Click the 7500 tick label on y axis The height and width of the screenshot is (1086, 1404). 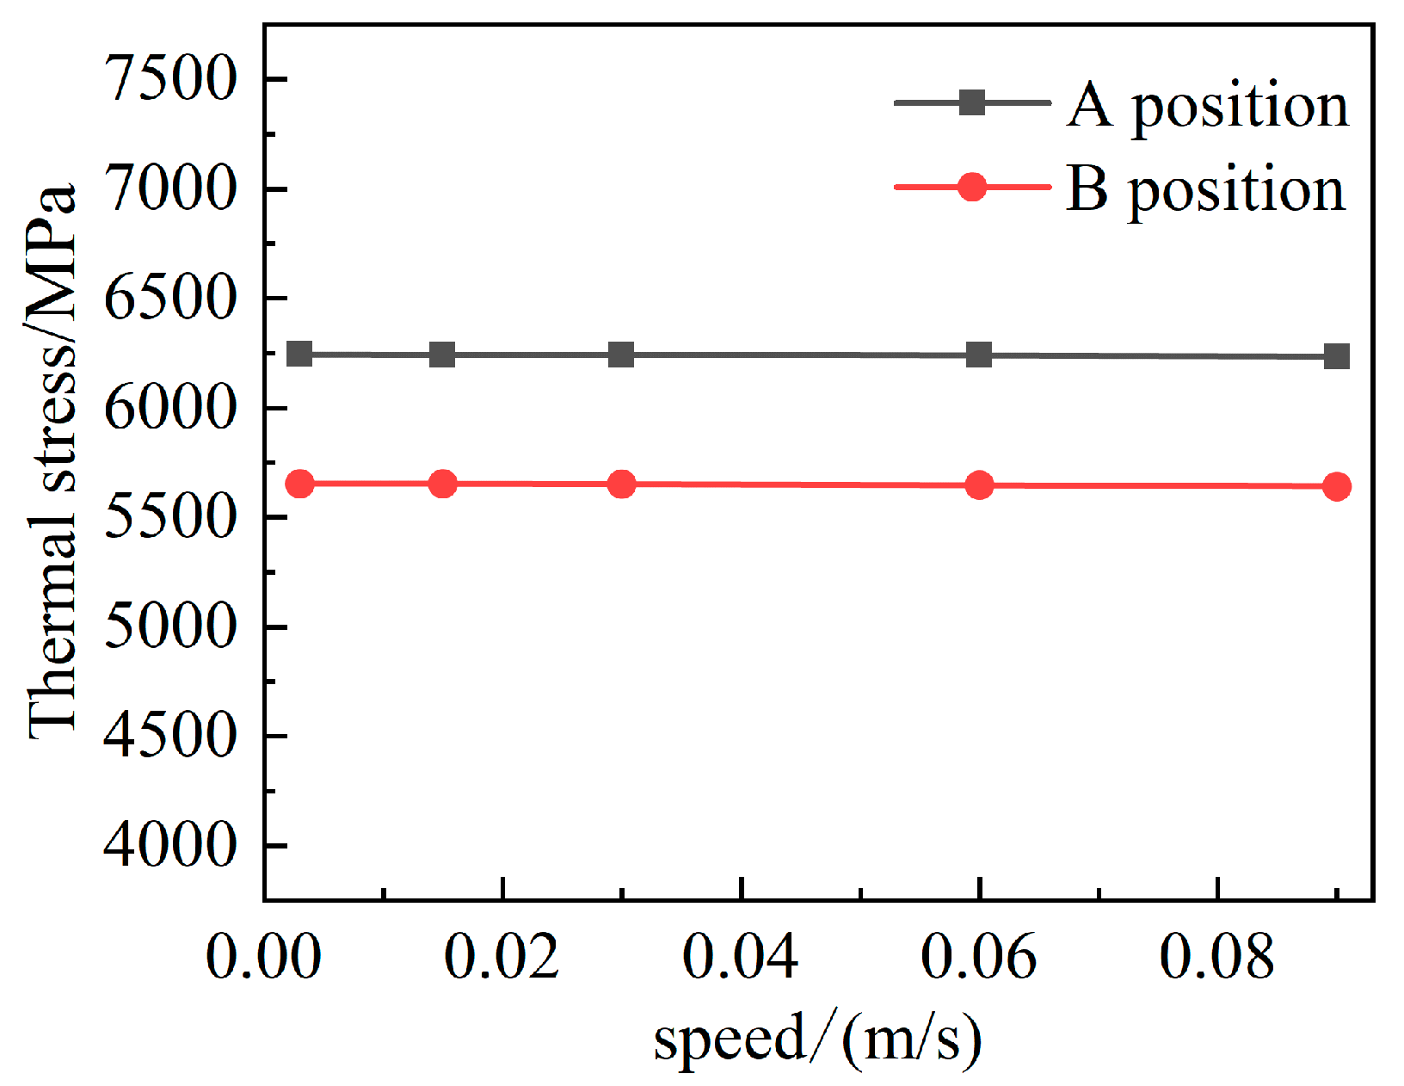pos(169,79)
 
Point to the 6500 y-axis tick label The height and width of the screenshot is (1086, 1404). pos(169,298)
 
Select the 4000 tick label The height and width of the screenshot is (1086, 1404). pos(169,845)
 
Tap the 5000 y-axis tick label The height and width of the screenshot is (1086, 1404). pos(169,626)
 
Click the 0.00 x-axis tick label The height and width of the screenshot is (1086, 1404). pos(263,956)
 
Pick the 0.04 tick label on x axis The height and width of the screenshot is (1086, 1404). pos(740,956)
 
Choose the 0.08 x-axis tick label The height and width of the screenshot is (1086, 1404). pos(1216,956)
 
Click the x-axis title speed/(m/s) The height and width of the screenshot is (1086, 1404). pos(817,1039)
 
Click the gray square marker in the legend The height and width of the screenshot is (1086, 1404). pos(972,102)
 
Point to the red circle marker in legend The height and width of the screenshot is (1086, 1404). pos(972,186)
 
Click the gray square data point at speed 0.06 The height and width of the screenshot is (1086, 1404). pos(979,355)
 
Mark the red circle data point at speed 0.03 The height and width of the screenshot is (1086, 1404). pos(621,484)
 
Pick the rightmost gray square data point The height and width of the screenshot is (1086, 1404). pos(1336,356)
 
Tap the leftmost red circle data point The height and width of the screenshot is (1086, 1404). pos(299,484)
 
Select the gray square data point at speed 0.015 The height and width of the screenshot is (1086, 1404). pos(442,355)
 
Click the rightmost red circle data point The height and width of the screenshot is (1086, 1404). pos(1336,487)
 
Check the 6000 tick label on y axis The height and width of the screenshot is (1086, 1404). pos(169,408)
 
